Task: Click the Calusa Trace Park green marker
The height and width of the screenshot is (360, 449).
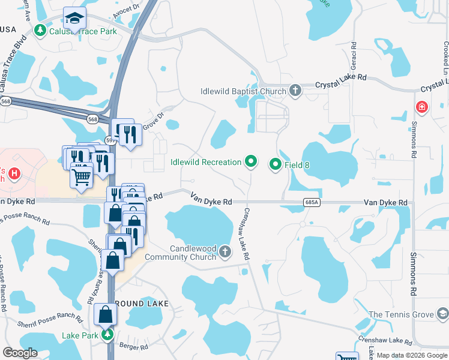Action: tap(41, 29)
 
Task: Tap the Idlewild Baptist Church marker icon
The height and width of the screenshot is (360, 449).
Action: tap(295, 91)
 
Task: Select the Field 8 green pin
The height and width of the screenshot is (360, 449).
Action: tap(276, 163)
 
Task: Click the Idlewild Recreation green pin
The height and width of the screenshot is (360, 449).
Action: tap(251, 161)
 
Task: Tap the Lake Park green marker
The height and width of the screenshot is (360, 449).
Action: tap(107, 335)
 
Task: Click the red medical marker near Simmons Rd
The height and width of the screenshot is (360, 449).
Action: tap(422, 107)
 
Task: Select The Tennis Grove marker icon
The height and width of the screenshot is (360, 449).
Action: tap(442, 314)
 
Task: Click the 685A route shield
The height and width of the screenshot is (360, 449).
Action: tap(311, 203)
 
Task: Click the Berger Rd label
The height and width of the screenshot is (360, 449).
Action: tap(134, 347)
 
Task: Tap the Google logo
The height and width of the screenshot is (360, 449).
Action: tap(21, 353)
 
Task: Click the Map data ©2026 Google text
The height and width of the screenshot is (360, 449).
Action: tap(412, 355)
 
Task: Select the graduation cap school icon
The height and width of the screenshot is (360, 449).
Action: tap(75, 18)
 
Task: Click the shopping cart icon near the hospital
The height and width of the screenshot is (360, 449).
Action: tap(81, 176)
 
